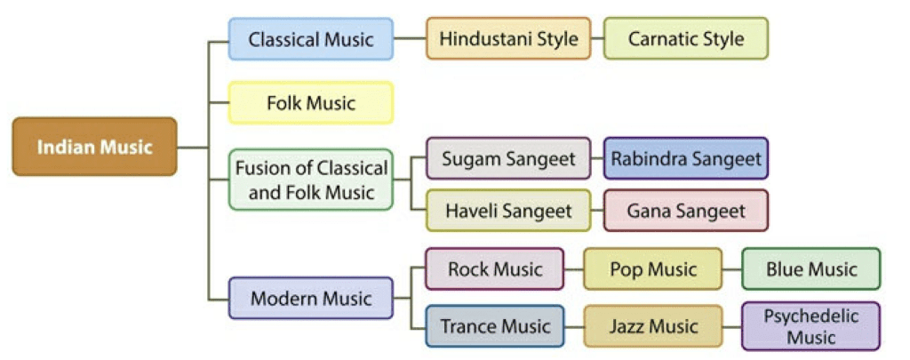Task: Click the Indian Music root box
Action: click(94, 147)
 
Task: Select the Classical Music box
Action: click(310, 39)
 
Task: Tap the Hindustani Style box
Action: click(508, 39)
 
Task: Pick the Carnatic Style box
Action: click(685, 39)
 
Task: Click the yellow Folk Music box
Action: click(310, 103)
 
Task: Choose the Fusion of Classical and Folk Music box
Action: click(310, 180)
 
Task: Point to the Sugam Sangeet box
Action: click(508, 159)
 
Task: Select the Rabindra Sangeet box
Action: click(685, 159)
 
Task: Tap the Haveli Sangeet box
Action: click(508, 212)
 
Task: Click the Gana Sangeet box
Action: click(685, 212)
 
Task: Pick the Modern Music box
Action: click(310, 299)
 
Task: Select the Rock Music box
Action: click(494, 269)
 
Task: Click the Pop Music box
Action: click(652, 269)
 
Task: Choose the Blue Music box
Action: click(810, 269)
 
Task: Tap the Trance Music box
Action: click(494, 327)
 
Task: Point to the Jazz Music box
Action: click(652, 327)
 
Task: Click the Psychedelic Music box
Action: click(810, 327)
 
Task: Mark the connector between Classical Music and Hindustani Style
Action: click(410, 39)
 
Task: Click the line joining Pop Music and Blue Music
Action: click(732, 269)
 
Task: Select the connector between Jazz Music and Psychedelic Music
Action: click(732, 327)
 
